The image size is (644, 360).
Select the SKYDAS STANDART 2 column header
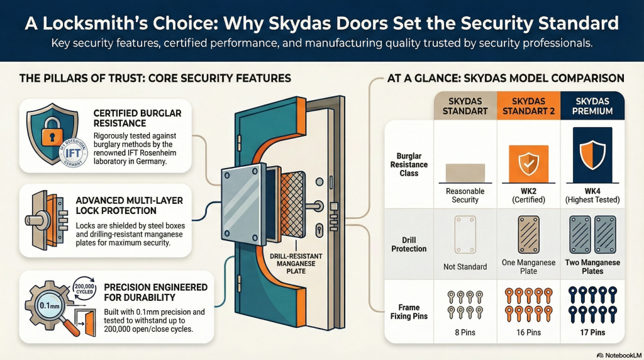[528, 106]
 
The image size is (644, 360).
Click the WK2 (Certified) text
[528, 194]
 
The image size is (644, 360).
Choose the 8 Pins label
[465, 332]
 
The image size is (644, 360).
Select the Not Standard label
[465, 266]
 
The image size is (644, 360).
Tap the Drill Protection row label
[409, 244]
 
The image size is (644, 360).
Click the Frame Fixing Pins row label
[409, 310]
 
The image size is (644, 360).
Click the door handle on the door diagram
[315, 206]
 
